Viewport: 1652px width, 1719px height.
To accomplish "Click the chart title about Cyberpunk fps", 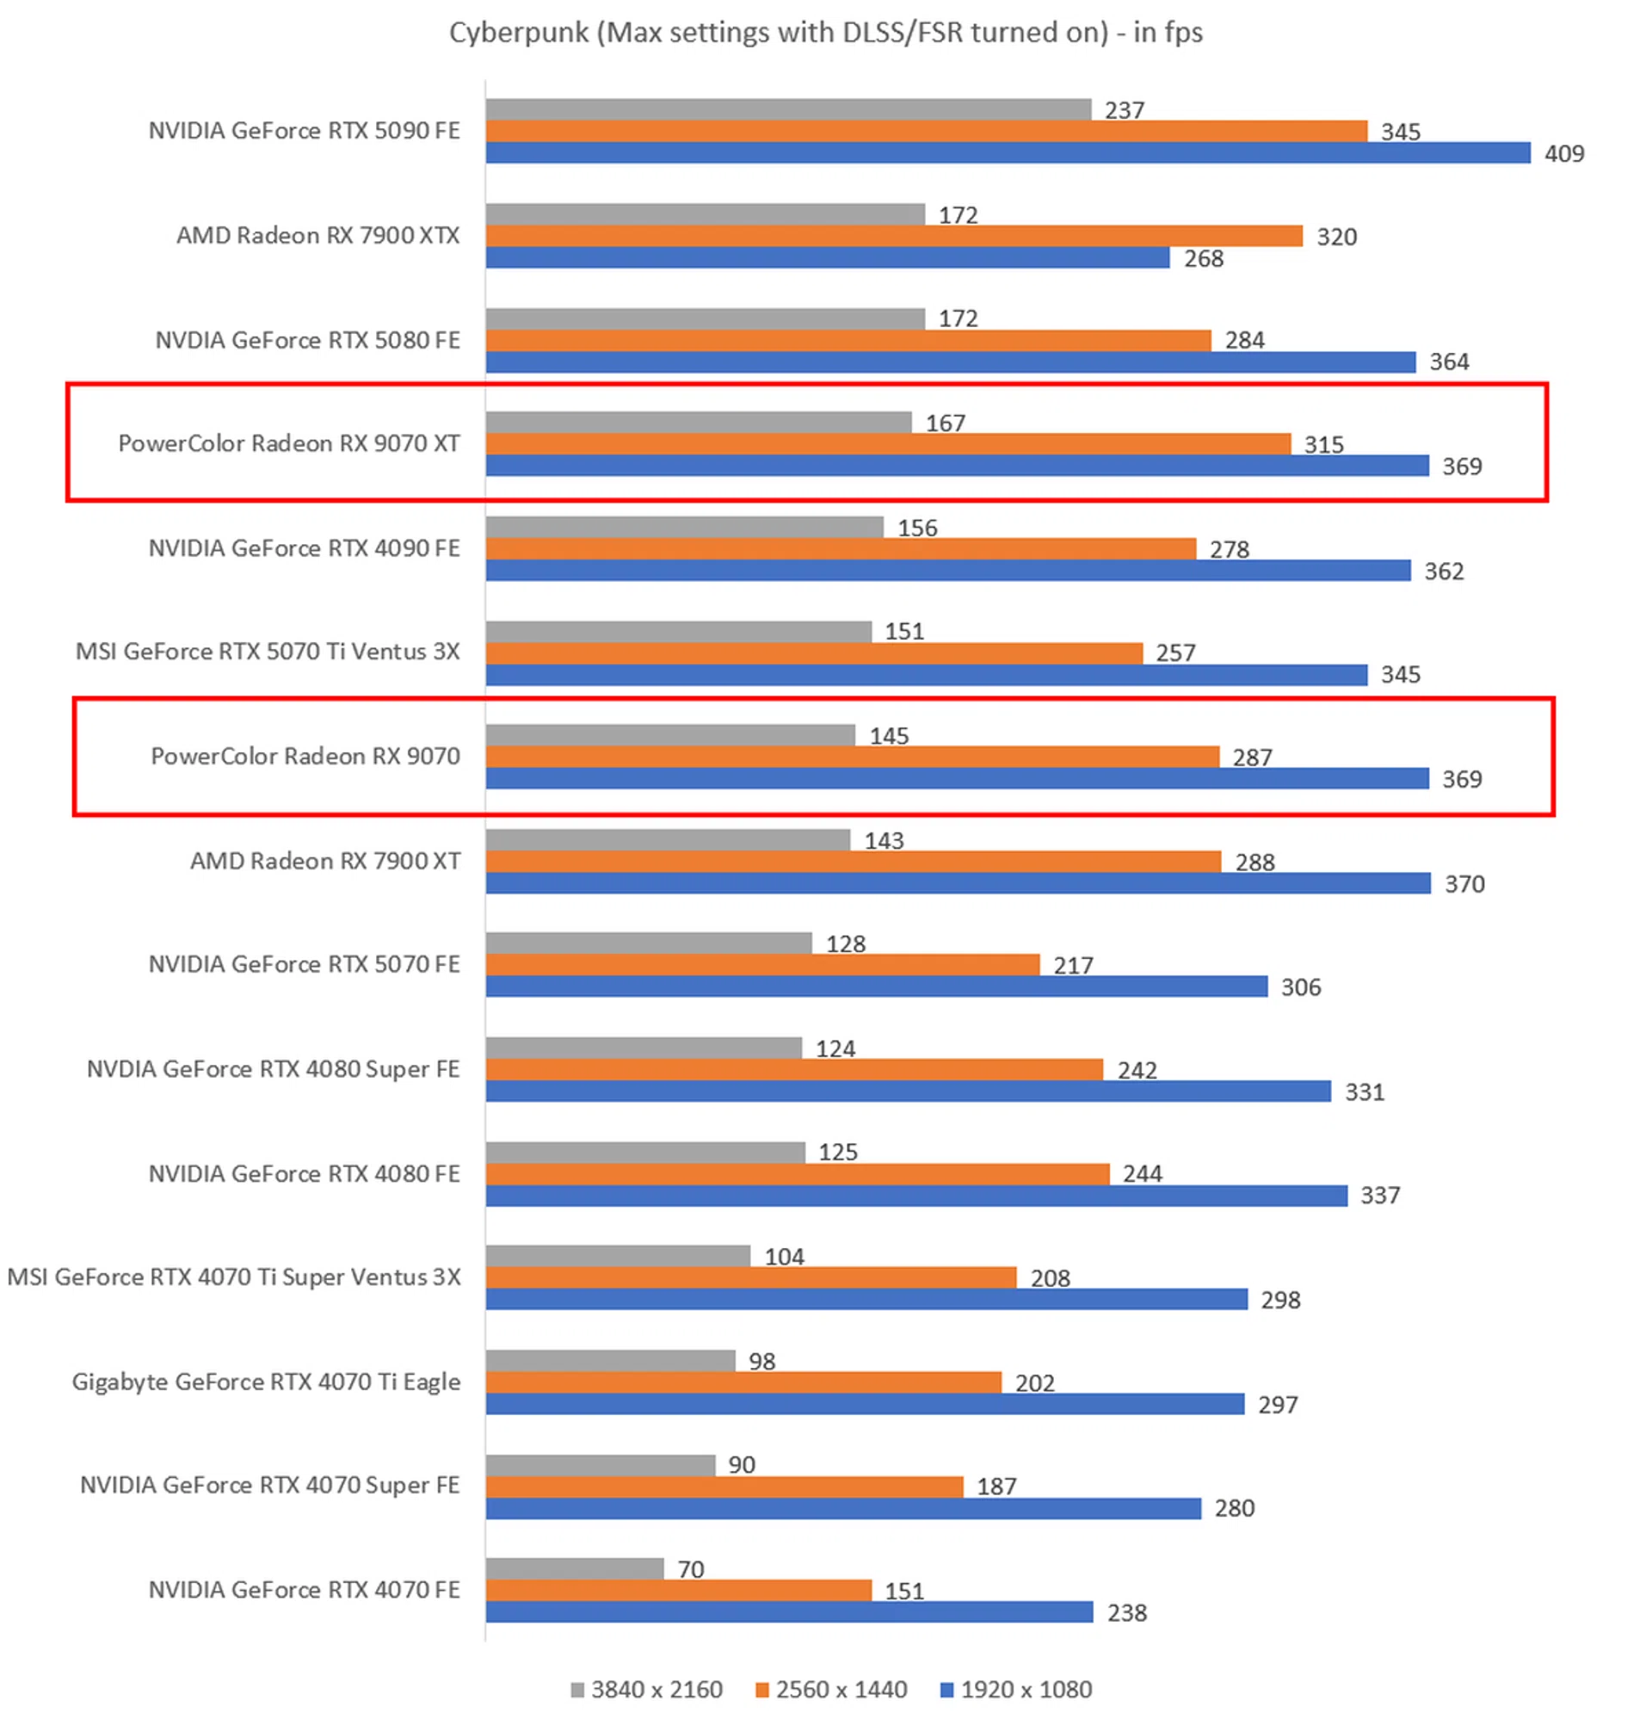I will pos(825,33).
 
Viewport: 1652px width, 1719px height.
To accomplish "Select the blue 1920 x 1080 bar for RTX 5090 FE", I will pos(1008,153).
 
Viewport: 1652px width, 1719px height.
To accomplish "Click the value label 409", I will pos(1563,154).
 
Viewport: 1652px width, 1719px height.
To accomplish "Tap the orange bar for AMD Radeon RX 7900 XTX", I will pos(893,237).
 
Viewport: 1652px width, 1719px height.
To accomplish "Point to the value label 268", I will pos(1203,259).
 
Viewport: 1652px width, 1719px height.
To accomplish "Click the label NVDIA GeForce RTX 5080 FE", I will pos(307,340).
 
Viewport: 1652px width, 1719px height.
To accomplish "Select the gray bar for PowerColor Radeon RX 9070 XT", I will pos(698,423).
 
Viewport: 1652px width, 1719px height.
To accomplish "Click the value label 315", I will pos(1323,446).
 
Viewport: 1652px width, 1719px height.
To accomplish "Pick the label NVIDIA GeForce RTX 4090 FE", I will pos(304,548).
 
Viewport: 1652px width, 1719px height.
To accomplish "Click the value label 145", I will pos(888,736).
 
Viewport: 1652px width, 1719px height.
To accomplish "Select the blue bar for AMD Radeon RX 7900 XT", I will pos(958,883).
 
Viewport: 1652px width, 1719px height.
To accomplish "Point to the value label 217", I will pos(1072,966).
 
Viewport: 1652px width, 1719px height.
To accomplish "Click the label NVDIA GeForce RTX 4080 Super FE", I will pos(273,1069).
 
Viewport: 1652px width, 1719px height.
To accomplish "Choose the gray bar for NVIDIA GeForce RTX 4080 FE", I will pos(644,1153).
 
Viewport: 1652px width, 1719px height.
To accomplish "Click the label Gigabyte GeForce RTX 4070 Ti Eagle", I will pos(266,1382).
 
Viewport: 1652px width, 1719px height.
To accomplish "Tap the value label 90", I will pos(741,1465).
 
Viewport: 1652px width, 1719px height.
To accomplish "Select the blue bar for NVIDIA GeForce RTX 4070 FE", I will pos(789,1612).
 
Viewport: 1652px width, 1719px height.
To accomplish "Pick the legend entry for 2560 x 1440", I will pos(831,1689).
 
